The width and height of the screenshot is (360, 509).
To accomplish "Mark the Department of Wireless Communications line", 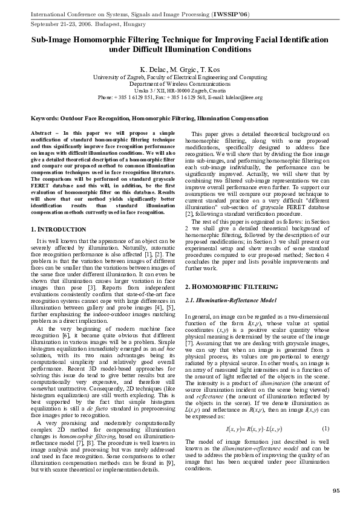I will tap(180, 85).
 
